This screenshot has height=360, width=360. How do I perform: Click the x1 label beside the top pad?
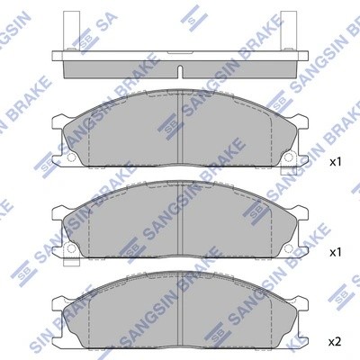click(336, 163)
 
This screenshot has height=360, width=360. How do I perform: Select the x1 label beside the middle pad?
click(336, 252)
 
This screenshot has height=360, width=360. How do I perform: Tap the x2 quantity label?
click(336, 341)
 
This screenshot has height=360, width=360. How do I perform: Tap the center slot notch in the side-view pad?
click(181, 71)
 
